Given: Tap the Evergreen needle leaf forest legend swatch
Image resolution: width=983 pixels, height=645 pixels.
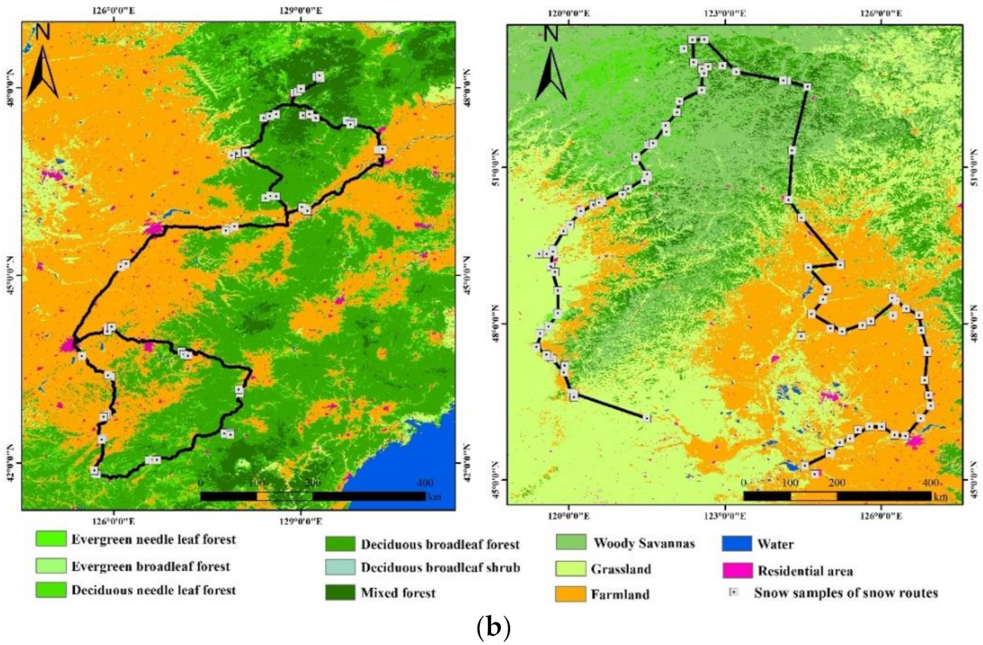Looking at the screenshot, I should (50, 540).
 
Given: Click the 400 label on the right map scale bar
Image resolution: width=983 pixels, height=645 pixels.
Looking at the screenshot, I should (931, 482).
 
